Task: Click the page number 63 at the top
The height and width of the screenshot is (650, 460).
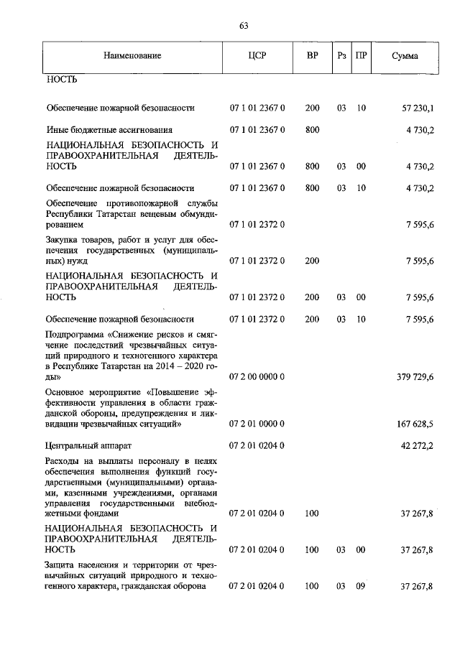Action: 243,27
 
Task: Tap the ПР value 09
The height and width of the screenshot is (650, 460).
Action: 361,587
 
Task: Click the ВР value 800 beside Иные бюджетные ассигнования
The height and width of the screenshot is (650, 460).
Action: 312,130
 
